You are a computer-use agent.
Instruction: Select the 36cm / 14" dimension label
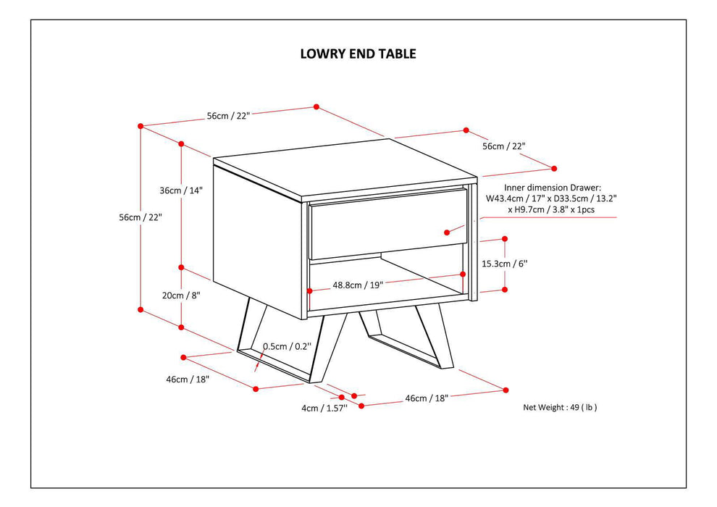[181, 190]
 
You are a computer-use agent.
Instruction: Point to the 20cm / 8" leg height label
[181, 295]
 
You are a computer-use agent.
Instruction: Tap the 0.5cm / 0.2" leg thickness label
[287, 346]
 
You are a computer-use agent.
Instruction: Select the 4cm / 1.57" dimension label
[324, 408]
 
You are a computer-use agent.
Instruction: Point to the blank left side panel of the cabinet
[257, 239]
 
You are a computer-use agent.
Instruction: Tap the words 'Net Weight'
[545, 408]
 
